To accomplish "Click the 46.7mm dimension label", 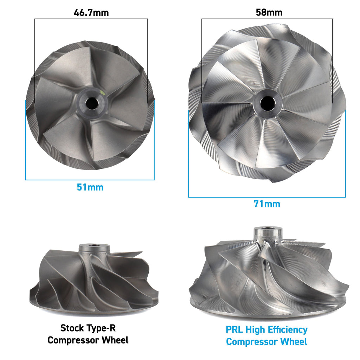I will coord(91,13).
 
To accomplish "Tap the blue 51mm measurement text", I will coord(90,187).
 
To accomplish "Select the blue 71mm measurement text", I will coord(267,204).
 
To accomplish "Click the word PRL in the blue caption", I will coord(234,330).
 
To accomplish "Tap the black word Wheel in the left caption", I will coord(115,340).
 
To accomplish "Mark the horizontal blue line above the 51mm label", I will coord(90,180).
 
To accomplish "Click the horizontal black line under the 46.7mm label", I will coord(91,19).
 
